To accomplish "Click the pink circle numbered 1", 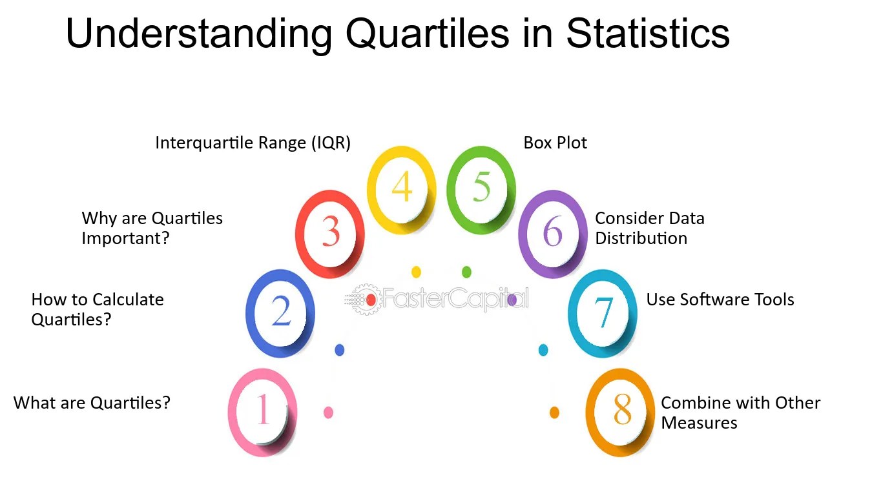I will coord(263,411).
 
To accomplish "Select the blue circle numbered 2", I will coord(281,313).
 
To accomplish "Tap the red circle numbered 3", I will coord(330,233).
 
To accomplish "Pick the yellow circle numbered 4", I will coord(402,189).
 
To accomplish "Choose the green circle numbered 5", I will coord(481,189).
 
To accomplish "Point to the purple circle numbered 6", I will coord(552,233).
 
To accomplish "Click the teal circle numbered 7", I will coord(602,313).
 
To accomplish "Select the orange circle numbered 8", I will coord(620,411).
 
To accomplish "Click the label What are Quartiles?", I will coord(92,403).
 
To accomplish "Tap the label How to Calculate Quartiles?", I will coord(98,309).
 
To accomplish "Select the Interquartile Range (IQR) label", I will coord(253,143).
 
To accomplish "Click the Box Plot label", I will coord(555,143).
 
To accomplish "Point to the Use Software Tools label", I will coord(720,300).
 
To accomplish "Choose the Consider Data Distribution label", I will coord(649,228).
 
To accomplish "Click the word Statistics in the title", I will coord(648,34).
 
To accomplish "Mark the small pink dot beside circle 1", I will coord(328,412).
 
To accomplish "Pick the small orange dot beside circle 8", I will coord(554,412).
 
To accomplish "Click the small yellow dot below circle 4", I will coord(416,272).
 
